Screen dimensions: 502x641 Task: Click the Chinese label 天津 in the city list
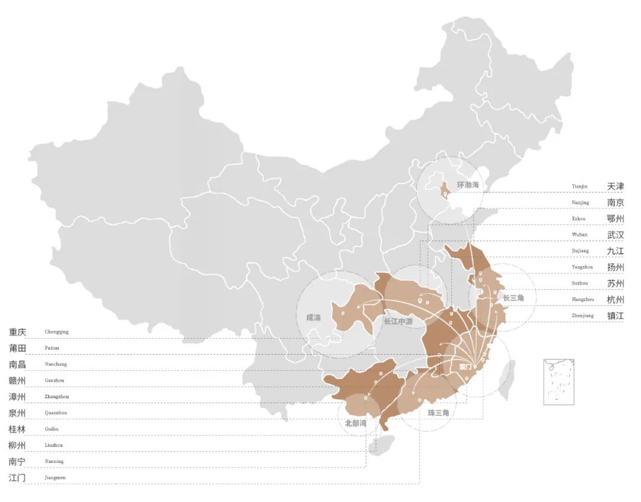coord(615,187)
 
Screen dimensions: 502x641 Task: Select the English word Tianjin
coord(579,187)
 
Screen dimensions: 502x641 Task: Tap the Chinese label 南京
coord(615,203)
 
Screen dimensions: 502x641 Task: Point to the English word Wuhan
coord(579,235)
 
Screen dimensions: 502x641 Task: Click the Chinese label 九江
coord(615,251)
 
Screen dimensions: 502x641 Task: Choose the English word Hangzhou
coord(582,299)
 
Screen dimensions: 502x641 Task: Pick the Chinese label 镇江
coord(615,315)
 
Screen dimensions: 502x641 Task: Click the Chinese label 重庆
coord(17,331)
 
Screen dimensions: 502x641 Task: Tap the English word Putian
coord(52,348)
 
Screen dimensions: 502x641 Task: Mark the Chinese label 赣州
coord(17,380)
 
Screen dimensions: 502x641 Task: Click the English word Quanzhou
coord(55,412)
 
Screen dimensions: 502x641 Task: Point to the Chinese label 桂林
coord(17,429)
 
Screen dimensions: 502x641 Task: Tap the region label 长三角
coord(513,297)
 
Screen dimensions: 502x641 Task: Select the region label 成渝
coord(313,317)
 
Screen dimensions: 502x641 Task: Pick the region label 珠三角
coord(438,412)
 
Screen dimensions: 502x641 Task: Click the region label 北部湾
coord(356,424)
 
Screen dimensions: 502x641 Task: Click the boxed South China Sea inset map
coord(559,381)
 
